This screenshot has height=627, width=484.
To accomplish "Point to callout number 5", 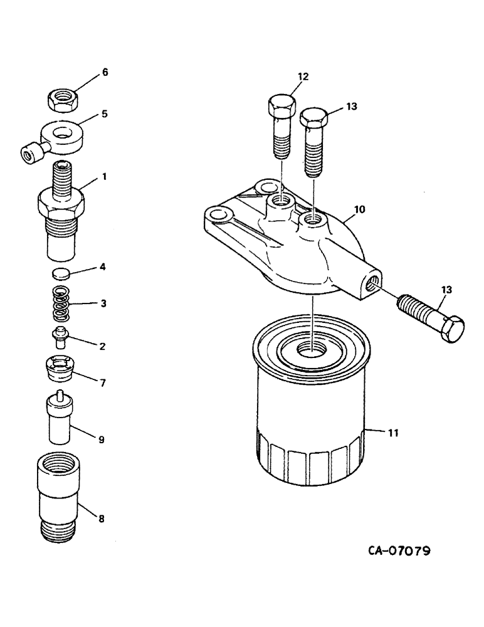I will tap(105, 115).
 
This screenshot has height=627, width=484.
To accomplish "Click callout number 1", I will tap(104, 177).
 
